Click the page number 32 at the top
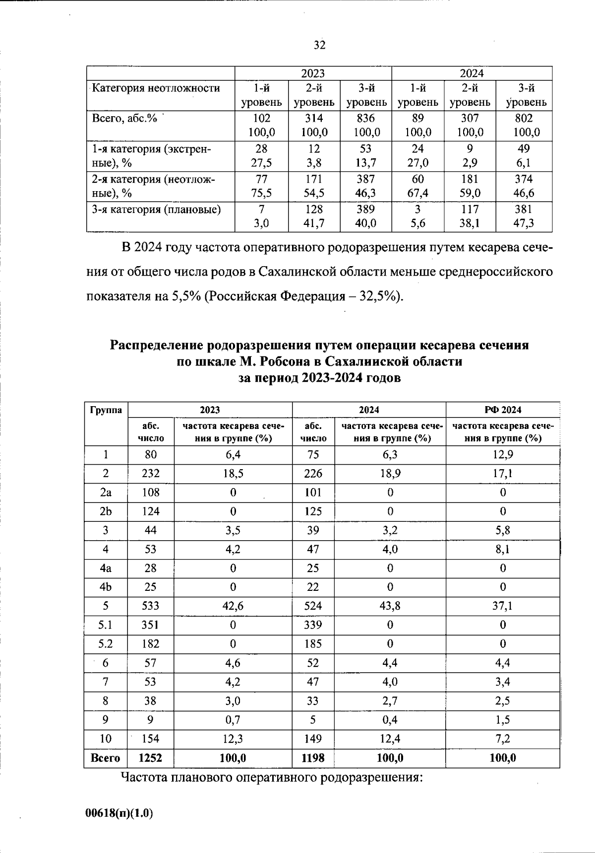coord(319,45)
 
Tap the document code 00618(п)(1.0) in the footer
coord(119,813)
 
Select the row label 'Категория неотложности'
coord(156,88)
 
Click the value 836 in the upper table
coord(365,118)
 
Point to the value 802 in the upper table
coord(524,118)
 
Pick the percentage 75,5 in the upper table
coord(261,193)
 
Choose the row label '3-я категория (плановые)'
coord(156,210)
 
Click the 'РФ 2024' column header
coord(503,410)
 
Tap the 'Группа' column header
coord(106,410)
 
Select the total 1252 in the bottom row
coord(150,758)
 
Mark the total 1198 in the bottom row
coord(313,758)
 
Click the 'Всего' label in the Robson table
coord(105,758)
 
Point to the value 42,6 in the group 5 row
coord(233,606)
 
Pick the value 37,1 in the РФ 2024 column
coord(503,606)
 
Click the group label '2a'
coord(106,493)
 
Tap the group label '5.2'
coord(106,644)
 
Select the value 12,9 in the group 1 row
coord(503,454)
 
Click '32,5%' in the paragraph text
coord(379,296)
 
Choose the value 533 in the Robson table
coord(150,606)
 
